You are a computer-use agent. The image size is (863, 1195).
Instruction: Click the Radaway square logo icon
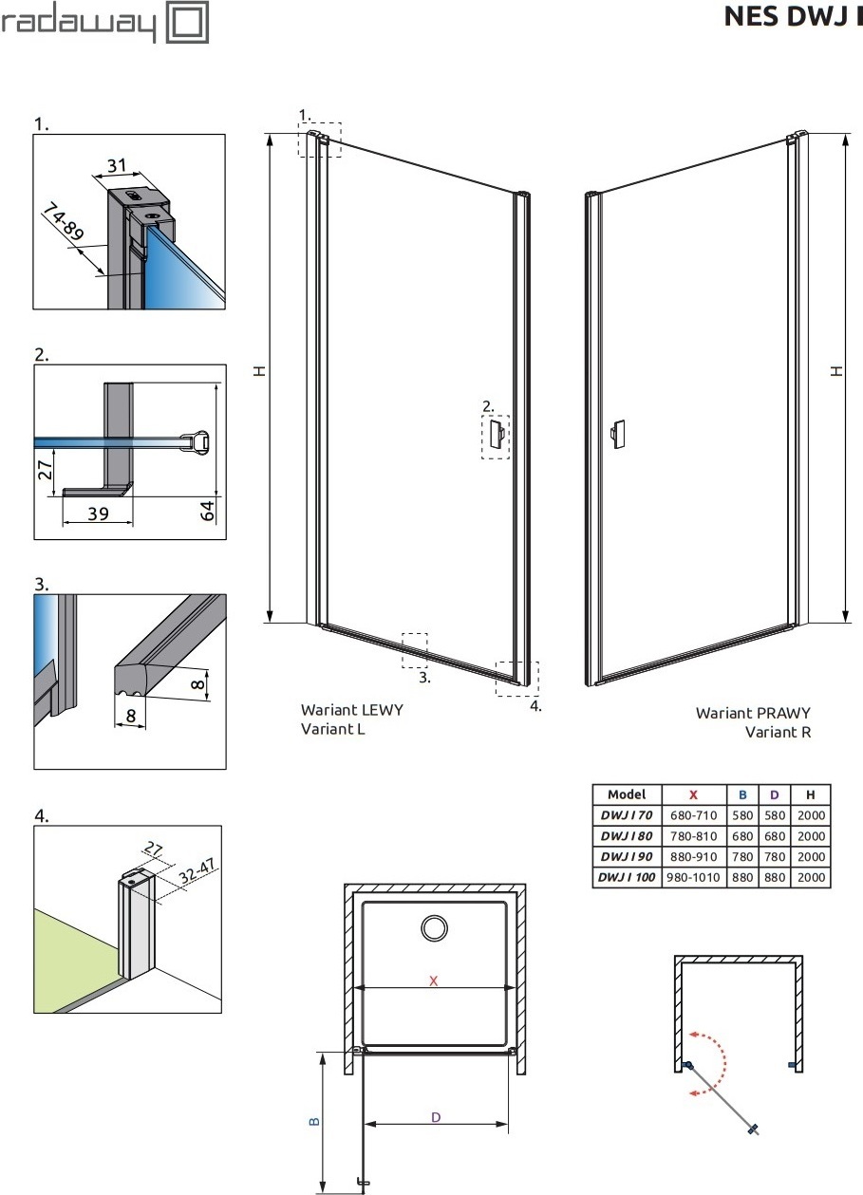pos(187,22)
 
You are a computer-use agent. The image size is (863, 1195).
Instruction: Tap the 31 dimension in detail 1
pos(117,165)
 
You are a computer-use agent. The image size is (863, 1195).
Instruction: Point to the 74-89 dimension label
pos(64,221)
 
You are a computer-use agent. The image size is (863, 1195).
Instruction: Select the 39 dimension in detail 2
pos(98,513)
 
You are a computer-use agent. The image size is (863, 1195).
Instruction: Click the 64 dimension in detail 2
pos(207,510)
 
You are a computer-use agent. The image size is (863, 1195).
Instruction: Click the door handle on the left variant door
pos(497,433)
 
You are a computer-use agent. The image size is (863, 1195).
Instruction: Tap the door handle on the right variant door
pos(617,434)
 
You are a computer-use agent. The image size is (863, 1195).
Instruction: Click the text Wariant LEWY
pos(351,710)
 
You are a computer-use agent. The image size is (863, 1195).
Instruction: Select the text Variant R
pos(778,732)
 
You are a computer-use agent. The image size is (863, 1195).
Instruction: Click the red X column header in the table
pos(693,794)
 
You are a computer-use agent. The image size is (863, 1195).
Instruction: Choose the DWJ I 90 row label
pos(627,856)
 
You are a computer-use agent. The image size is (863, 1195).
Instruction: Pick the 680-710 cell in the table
pos(693,815)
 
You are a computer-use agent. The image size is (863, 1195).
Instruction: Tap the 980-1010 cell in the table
pos(693,877)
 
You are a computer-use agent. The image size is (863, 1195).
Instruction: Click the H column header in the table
pos(810,794)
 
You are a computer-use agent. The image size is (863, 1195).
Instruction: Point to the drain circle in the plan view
pos(435,927)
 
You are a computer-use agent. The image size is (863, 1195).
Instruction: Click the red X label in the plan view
pos(433,980)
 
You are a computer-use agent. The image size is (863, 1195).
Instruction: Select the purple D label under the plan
pos(436,1118)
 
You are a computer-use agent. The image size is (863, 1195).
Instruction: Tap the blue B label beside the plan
pos(314,1121)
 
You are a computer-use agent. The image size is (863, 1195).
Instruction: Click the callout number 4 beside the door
pos(535,706)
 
